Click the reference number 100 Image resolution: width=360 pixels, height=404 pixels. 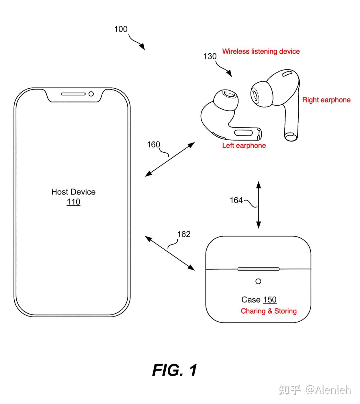coord(121,29)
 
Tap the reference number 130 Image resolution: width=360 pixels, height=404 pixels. coord(210,56)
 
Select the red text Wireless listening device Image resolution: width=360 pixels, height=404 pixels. coord(261,51)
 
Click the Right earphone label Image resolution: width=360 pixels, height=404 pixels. coord(326,100)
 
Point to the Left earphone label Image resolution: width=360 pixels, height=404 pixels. coord(244,145)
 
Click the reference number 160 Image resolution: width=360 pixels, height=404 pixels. coord(153,145)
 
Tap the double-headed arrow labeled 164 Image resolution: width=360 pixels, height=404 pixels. coord(258,205)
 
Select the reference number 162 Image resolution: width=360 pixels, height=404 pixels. coord(184,234)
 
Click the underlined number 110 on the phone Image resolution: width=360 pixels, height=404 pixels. coord(73,202)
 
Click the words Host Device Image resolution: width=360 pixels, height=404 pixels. coord(73,192)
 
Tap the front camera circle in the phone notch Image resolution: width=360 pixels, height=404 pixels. coord(91,94)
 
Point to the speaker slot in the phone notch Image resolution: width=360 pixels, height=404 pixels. coord(73,94)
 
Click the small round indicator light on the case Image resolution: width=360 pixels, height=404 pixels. coord(258,281)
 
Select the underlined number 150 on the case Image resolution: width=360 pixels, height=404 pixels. coord(270,300)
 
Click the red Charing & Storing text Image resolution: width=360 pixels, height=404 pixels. coord(269,311)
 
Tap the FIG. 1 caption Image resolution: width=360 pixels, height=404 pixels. coord(175,370)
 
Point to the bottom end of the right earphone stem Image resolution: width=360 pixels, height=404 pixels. coord(291,136)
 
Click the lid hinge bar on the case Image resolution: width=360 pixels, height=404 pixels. coord(258,269)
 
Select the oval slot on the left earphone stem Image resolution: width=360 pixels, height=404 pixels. coord(244,133)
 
